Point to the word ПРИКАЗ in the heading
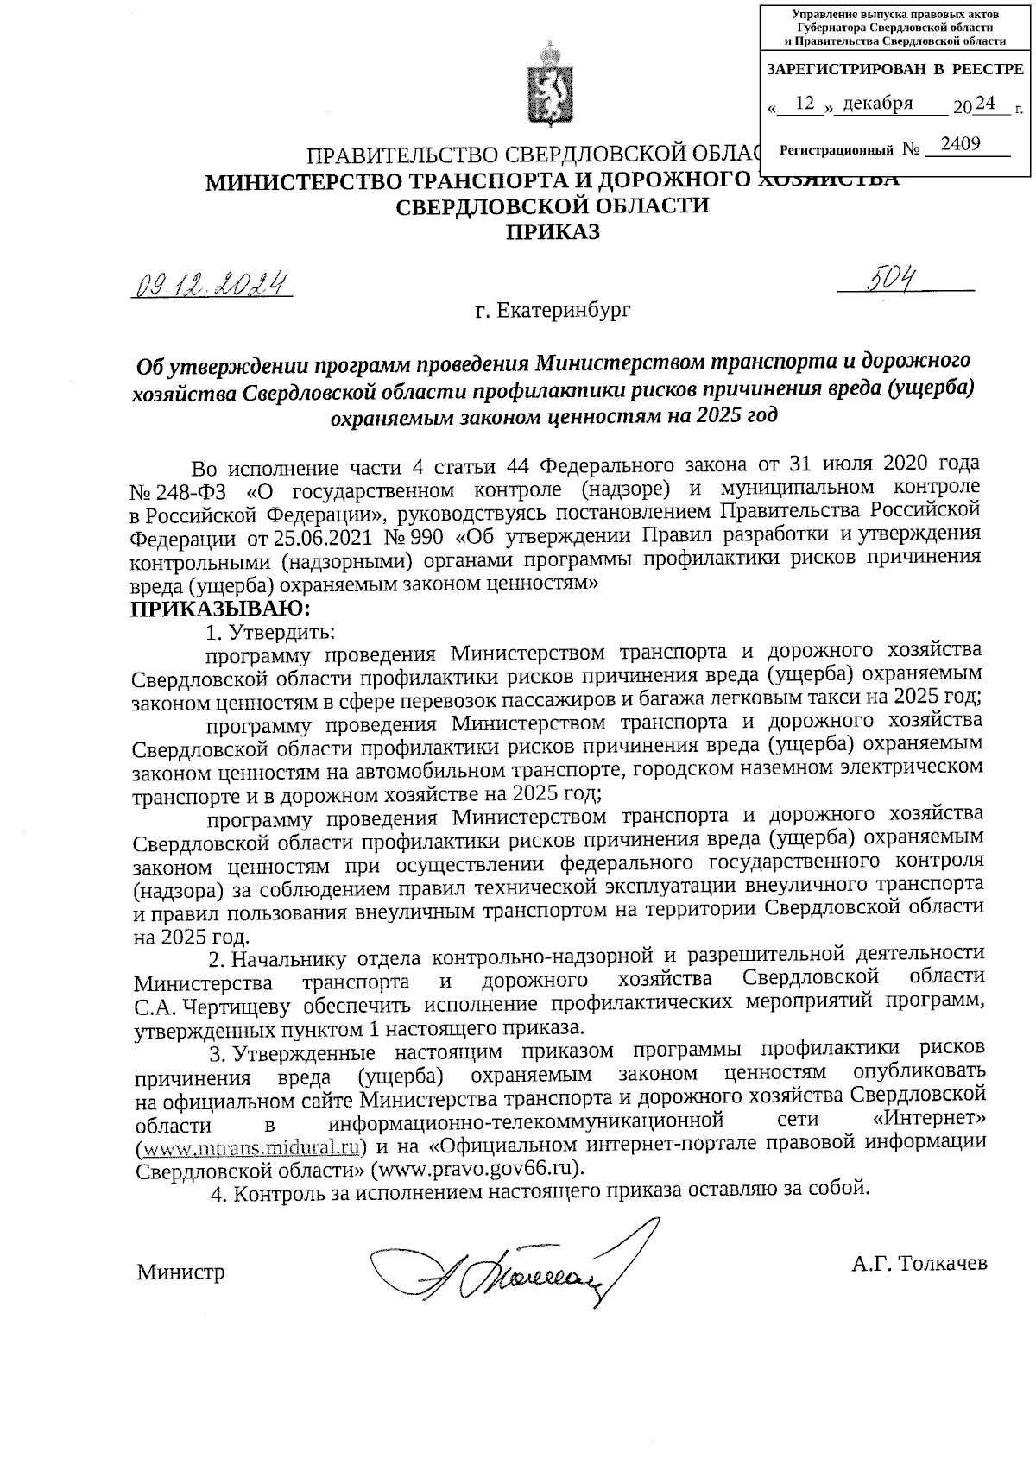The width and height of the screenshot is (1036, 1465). (552, 231)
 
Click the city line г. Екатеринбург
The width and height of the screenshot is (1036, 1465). (553, 309)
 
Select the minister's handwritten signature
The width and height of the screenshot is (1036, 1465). (509, 1267)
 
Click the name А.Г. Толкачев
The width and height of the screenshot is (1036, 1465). (918, 1264)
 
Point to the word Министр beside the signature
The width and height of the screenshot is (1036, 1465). (180, 1272)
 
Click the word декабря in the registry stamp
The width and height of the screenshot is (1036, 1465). (877, 104)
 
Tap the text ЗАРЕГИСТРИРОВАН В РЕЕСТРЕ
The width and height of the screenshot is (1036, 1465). (894, 69)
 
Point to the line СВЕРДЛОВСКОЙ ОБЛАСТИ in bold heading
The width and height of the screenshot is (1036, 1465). (552, 206)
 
